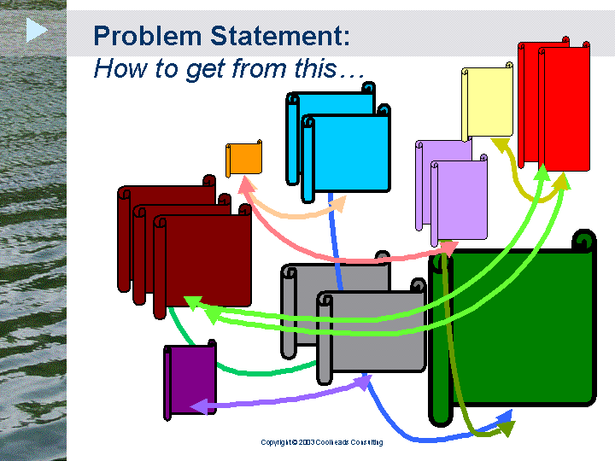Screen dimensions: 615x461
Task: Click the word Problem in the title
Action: pyautogui.click(x=148, y=36)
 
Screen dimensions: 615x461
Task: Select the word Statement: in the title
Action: pyautogui.click(x=279, y=36)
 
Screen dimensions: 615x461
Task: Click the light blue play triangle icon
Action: pyautogui.click(x=37, y=30)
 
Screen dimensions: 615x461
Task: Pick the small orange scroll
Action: pyautogui.click(x=244, y=159)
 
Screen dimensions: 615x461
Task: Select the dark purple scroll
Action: pyautogui.click(x=190, y=379)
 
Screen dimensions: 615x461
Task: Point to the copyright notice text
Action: pyautogui.click(x=322, y=442)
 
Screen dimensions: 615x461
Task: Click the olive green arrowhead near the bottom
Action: pyautogui.click(x=506, y=429)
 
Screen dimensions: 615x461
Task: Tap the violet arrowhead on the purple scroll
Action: pyautogui.click(x=199, y=406)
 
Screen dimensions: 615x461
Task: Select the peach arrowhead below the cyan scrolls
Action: pyautogui.click(x=338, y=203)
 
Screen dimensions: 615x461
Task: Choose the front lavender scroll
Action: pyautogui.click(x=459, y=200)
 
